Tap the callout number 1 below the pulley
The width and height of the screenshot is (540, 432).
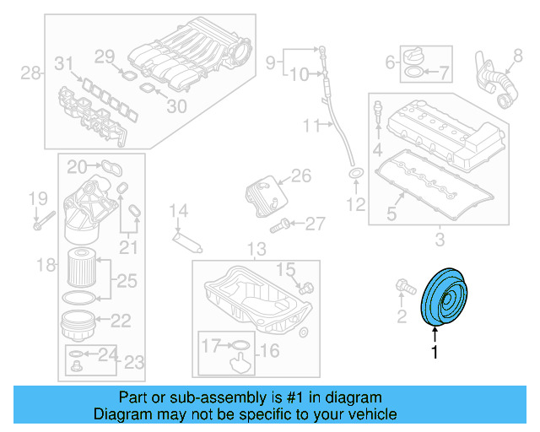435,354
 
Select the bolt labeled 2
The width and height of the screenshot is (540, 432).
403,290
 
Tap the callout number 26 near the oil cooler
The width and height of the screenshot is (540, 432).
301,176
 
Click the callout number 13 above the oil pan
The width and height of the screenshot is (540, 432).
256,250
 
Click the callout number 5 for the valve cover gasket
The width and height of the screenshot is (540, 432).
391,214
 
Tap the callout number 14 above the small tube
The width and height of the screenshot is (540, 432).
177,211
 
